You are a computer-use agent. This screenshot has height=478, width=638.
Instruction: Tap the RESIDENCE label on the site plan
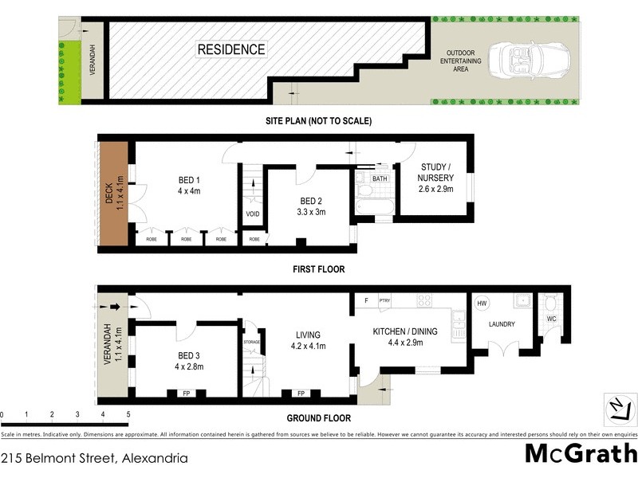point(231,49)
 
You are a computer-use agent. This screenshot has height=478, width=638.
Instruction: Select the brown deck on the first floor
point(115,194)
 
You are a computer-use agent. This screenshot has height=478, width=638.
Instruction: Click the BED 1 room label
point(187,179)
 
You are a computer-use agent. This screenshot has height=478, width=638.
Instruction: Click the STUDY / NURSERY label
point(437,172)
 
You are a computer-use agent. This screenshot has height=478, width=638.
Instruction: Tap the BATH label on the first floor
point(380,178)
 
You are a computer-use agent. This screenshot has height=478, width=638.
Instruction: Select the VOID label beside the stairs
point(253,214)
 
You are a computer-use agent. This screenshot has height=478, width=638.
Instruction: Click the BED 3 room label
point(187,355)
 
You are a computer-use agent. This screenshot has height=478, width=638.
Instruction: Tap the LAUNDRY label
point(502,324)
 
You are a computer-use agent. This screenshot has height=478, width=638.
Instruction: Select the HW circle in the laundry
point(482,303)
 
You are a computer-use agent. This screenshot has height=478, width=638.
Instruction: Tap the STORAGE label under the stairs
point(252,342)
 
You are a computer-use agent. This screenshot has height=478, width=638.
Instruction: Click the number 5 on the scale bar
point(128,415)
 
